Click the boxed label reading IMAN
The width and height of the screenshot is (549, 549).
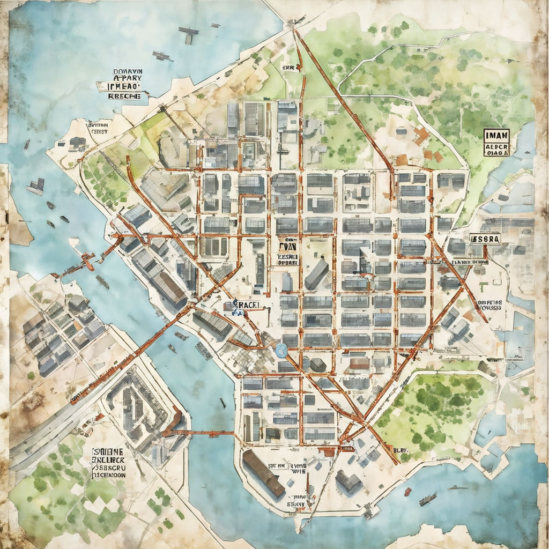[x=496, y=135]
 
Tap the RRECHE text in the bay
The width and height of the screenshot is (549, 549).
[x=124, y=96]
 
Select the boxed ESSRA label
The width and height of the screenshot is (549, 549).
[x=485, y=239]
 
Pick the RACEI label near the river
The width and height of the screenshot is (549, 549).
[x=248, y=305]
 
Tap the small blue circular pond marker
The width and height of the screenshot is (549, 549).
[x=280, y=351]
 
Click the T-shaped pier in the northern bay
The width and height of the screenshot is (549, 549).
[x=188, y=35]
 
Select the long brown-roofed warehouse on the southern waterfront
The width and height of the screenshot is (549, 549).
[x=263, y=473]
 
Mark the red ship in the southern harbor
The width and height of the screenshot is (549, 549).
[x=407, y=492]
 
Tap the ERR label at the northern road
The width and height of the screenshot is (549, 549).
[x=288, y=69]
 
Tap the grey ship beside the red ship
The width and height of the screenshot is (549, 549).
[x=427, y=500]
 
